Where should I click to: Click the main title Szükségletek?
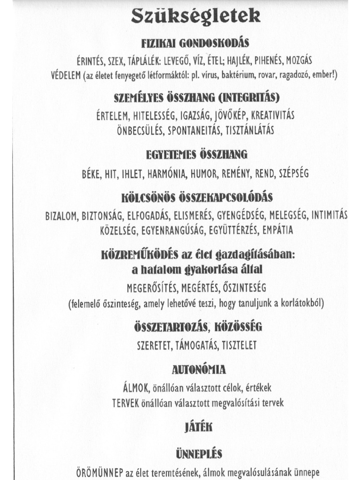[x=195, y=17]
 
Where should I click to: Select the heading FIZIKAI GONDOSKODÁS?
[x=195, y=44]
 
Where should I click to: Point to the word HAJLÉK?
[x=240, y=60]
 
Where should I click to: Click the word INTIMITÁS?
[x=330, y=215]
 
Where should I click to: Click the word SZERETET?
[x=155, y=345]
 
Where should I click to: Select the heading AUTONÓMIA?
[x=199, y=370]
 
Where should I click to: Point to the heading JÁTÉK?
[x=195, y=427]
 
